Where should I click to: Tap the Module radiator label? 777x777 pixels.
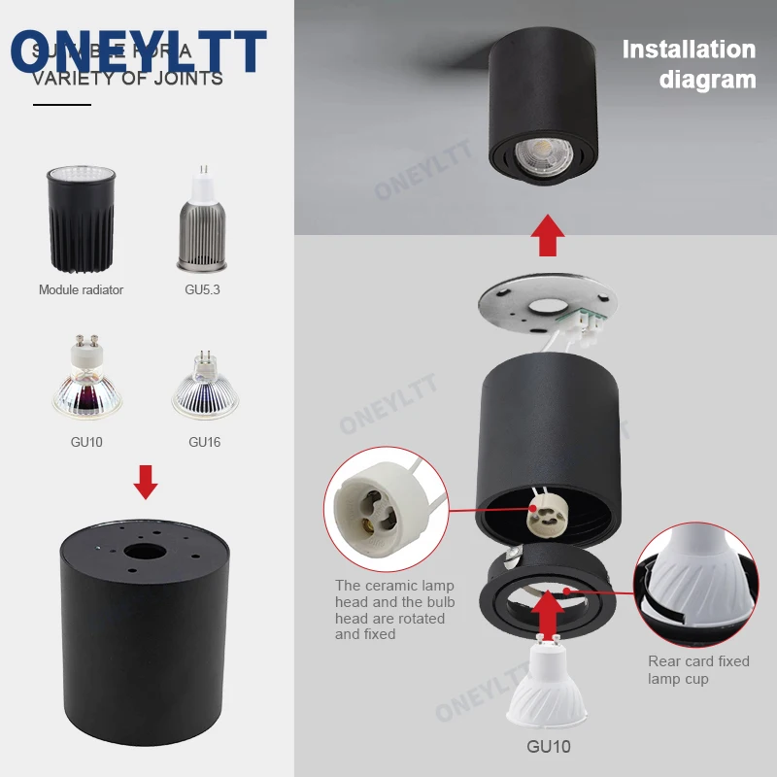pyautogui.click(x=81, y=289)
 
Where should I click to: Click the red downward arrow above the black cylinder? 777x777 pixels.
pyautogui.click(x=146, y=482)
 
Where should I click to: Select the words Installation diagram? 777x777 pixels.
pyautogui.click(x=689, y=64)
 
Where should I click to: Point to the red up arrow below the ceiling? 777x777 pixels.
pyautogui.click(x=550, y=235)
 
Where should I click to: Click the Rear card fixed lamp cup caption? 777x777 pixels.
pyautogui.click(x=698, y=670)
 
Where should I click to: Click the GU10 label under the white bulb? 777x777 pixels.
pyautogui.click(x=548, y=747)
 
